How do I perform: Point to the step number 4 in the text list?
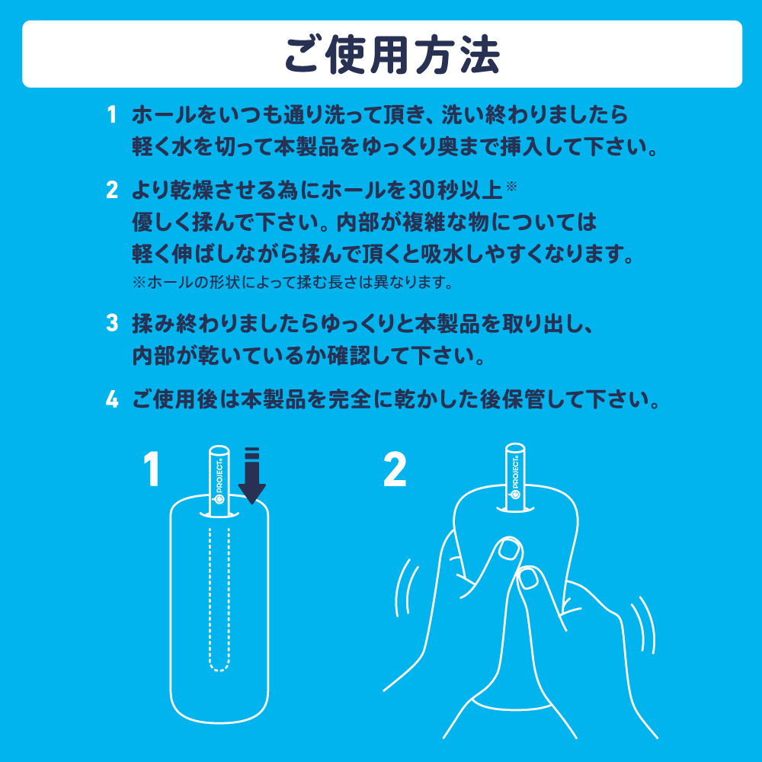point(112,399)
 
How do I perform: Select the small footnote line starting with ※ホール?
point(293,283)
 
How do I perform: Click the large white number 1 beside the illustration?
point(152,469)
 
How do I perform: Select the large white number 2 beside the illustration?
point(395,469)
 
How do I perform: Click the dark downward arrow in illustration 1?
point(252,476)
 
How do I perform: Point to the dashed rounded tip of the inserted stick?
point(219,663)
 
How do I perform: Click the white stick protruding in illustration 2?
point(517,476)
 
